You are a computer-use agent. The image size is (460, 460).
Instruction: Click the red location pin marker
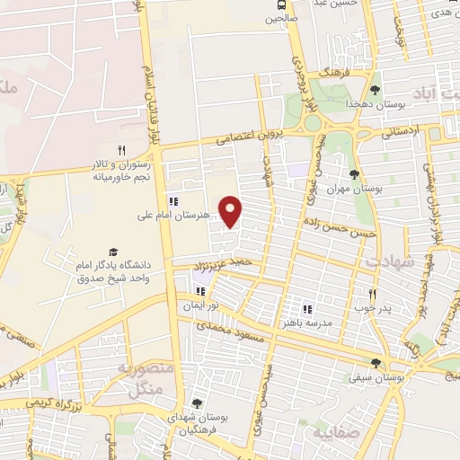[231, 212]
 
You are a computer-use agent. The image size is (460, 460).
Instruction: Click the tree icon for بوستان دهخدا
[375, 90]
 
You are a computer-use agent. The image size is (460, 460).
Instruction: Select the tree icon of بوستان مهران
[354, 174]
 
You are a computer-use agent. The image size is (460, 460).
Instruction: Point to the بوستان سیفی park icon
[375, 364]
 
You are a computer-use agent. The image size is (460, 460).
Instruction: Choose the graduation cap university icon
[113, 252]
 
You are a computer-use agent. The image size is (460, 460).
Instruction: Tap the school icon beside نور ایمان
[199, 291]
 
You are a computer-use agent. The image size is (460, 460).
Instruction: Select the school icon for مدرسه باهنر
[307, 309]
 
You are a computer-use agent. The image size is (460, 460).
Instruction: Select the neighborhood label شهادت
[389, 261]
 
